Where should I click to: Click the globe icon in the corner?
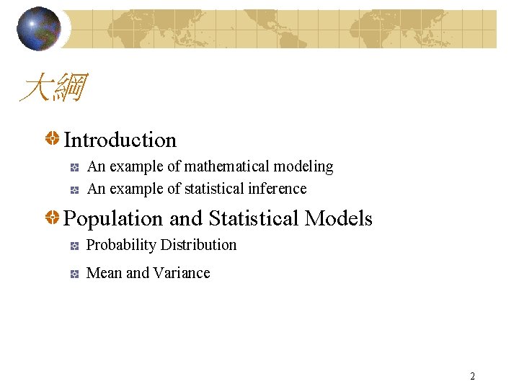tap(39, 29)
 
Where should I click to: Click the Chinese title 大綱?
tap(53, 89)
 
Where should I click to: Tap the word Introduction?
tap(120, 140)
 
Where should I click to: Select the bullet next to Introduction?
tap(53, 139)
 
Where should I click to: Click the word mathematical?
tap(227, 166)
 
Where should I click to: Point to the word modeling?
tap(303, 166)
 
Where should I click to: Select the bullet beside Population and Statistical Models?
tap(53, 218)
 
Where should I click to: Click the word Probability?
tap(121, 246)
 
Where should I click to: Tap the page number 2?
tap(472, 376)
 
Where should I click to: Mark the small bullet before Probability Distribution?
tap(74, 246)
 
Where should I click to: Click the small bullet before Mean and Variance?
tap(74, 274)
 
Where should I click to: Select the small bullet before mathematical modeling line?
tap(74, 167)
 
